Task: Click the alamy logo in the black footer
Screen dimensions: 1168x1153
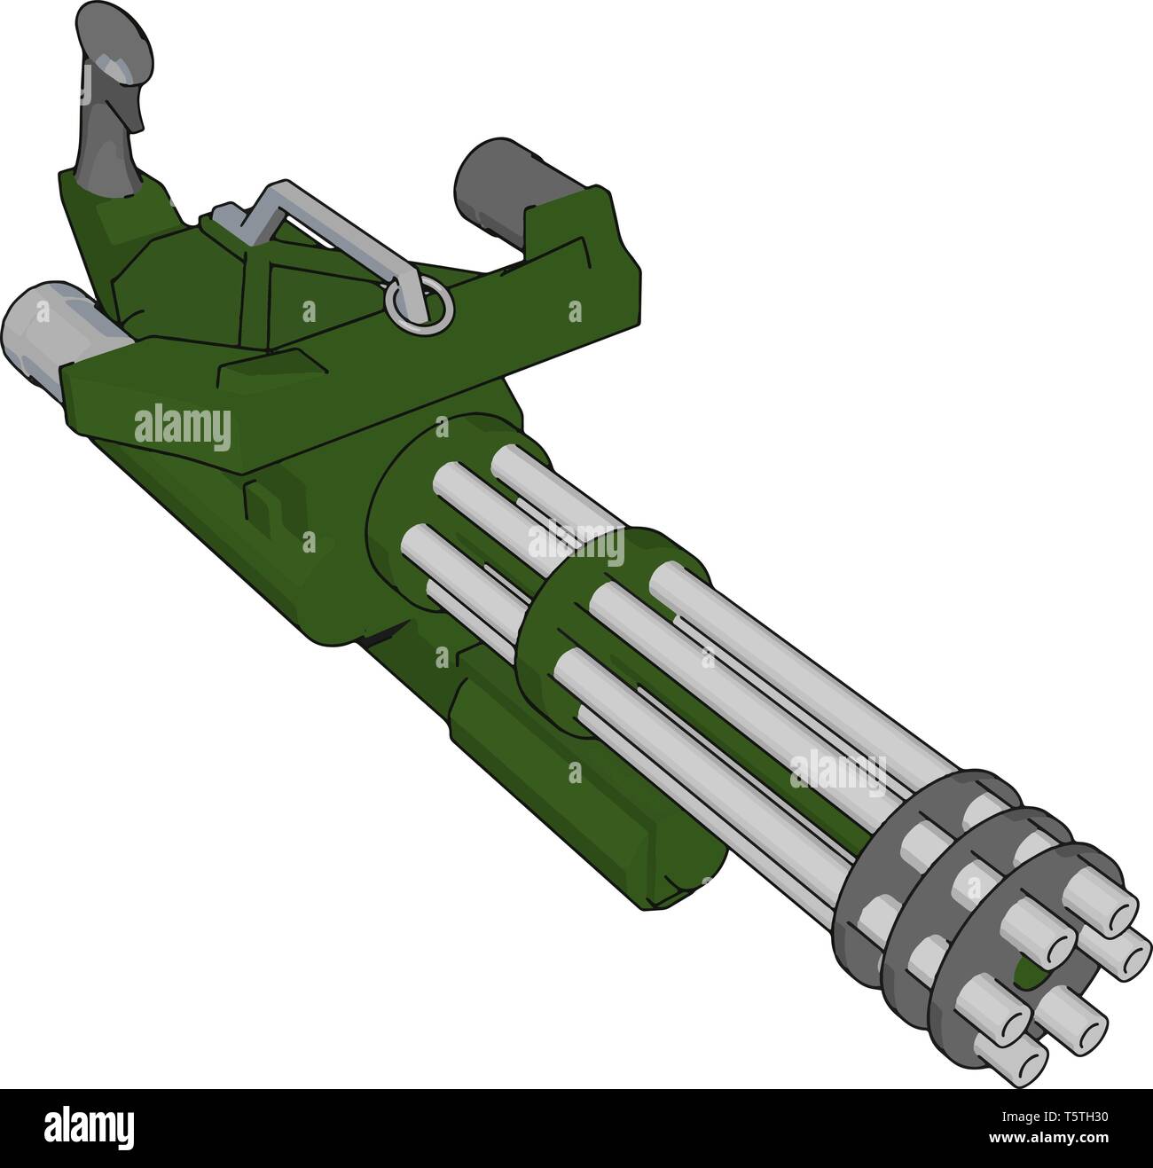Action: (90, 1127)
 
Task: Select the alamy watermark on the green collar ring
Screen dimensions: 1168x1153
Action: (576, 544)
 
